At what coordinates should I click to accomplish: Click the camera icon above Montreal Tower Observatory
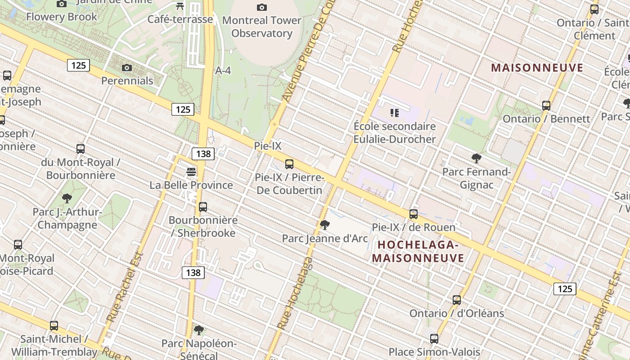(x=261, y=7)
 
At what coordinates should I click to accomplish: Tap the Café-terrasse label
(x=180, y=19)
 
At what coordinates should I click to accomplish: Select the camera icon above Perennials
(x=127, y=67)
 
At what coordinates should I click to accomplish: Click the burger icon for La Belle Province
(x=191, y=172)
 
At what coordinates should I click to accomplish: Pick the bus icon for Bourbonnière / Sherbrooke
(x=203, y=207)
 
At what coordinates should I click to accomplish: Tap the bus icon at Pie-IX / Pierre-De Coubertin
(x=289, y=164)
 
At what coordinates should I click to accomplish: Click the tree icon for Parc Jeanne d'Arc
(x=324, y=225)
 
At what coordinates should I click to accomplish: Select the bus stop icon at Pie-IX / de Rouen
(x=414, y=214)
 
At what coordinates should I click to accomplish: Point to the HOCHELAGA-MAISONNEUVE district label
(x=418, y=252)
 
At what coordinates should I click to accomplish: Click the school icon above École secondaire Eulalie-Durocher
(x=395, y=113)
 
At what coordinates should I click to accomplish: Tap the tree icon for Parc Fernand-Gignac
(x=477, y=158)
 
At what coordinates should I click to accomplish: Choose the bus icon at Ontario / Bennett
(x=546, y=106)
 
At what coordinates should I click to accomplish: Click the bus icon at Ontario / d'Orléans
(x=457, y=300)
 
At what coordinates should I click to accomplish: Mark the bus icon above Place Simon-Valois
(x=434, y=339)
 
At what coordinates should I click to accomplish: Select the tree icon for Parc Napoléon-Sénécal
(x=199, y=331)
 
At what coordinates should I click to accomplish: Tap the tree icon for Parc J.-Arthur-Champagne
(x=67, y=198)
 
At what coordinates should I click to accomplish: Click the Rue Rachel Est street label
(x=125, y=287)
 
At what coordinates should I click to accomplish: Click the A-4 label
(x=223, y=71)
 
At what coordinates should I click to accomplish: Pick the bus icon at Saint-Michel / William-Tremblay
(x=54, y=326)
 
